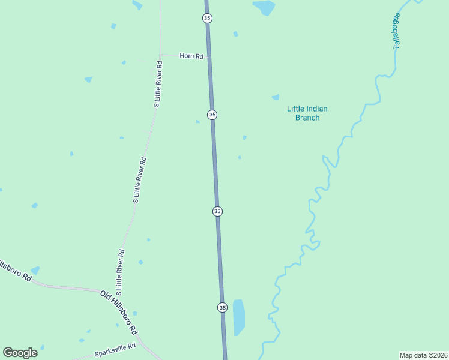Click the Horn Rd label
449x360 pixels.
pos(192,56)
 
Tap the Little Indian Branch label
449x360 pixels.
pos(307,113)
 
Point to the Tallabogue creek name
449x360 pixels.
pos(397,31)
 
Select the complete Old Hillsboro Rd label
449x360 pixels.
pos(119,313)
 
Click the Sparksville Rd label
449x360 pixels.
pos(115,350)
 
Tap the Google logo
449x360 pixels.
pos(20,353)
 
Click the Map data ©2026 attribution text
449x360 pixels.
pos(424,355)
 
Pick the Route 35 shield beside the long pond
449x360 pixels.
pos(222,307)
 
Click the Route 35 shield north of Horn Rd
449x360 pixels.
pos(207,19)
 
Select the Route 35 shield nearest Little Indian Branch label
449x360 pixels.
pos(212,115)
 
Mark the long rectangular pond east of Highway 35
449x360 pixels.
pos(238,317)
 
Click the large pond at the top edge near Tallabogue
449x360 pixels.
pos(264,7)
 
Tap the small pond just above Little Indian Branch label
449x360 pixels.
pos(276,97)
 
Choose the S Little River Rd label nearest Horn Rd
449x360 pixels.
pos(158,84)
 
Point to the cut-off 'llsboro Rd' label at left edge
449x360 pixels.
pos(14,271)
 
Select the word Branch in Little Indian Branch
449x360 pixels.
pos(307,118)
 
